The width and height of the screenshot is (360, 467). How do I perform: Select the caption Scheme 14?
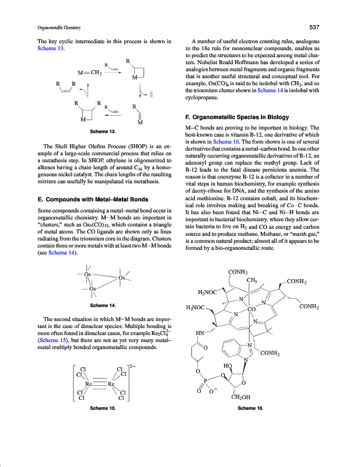click(x=103, y=305)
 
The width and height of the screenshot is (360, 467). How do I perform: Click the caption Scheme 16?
click(x=251, y=409)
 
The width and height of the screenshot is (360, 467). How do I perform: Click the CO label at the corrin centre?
click(x=252, y=309)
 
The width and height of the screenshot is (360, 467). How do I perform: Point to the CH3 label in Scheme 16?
click(x=253, y=281)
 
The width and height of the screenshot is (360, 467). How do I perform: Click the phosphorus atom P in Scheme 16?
click(x=205, y=381)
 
